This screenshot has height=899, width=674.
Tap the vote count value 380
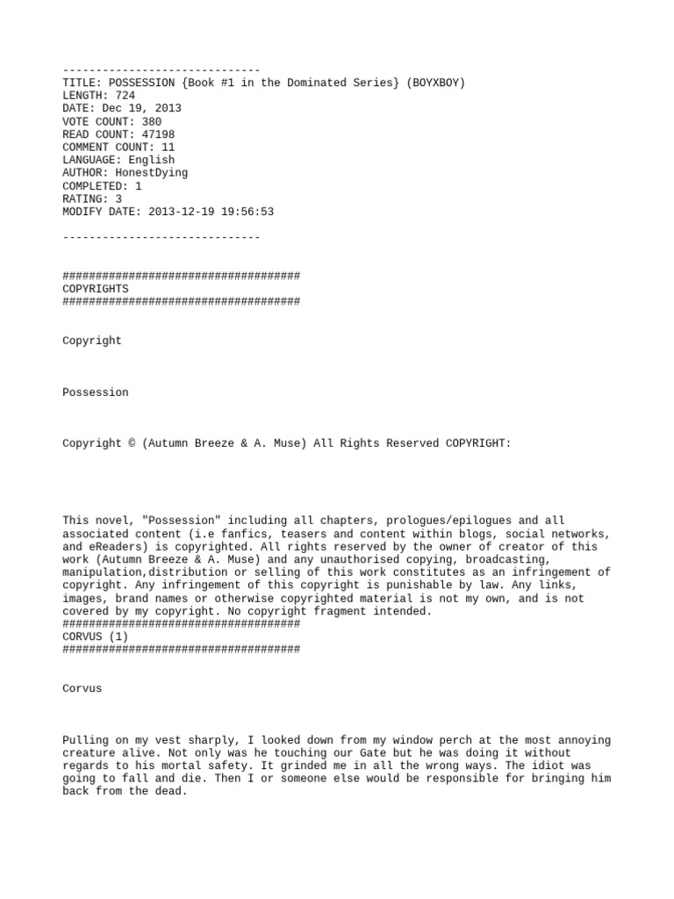click(x=151, y=122)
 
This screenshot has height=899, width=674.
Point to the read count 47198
click(x=158, y=134)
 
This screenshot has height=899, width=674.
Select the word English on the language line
click(x=151, y=160)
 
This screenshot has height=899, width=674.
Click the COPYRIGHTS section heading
click(x=95, y=289)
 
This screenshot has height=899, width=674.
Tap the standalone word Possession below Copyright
click(x=95, y=392)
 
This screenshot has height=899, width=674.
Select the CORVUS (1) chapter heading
click(x=95, y=636)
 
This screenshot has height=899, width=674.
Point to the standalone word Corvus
click(x=82, y=688)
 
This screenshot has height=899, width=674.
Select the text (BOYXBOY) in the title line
click(x=433, y=83)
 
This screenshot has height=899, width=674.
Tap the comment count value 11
click(x=168, y=147)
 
